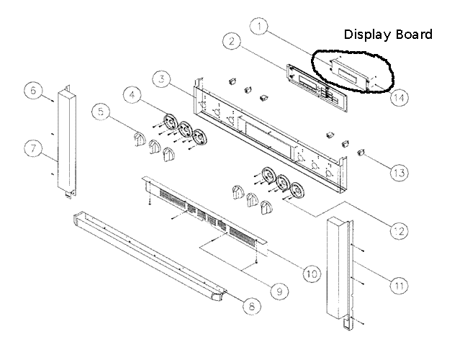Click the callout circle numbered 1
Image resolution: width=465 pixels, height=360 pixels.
pyautogui.click(x=261, y=27)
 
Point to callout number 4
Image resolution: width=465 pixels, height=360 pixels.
pyautogui.click(x=131, y=95)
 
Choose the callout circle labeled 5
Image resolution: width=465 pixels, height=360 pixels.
pyautogui.click(x=101, y=112)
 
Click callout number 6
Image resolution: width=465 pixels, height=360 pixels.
pyautogui.click(x=32, y=90)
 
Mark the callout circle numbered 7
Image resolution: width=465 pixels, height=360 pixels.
pyautogui.click(x=32, y=148)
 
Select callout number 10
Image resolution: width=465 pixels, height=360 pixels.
pyautogui.click(x=310, y=274)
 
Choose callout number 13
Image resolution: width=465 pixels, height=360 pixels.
pyautogui.click(x=399, y=172)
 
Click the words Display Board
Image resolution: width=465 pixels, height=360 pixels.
pyautogui.click(x=388, y=34)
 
